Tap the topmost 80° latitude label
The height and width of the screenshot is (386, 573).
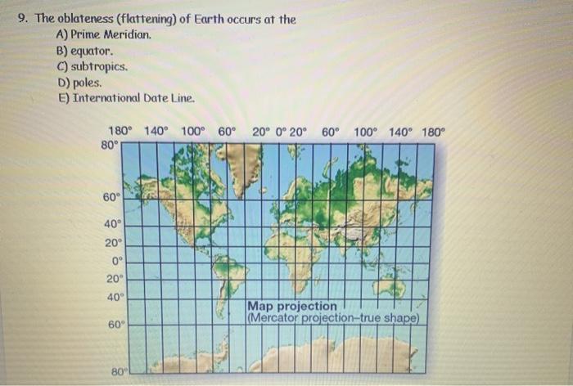(110, 145)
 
